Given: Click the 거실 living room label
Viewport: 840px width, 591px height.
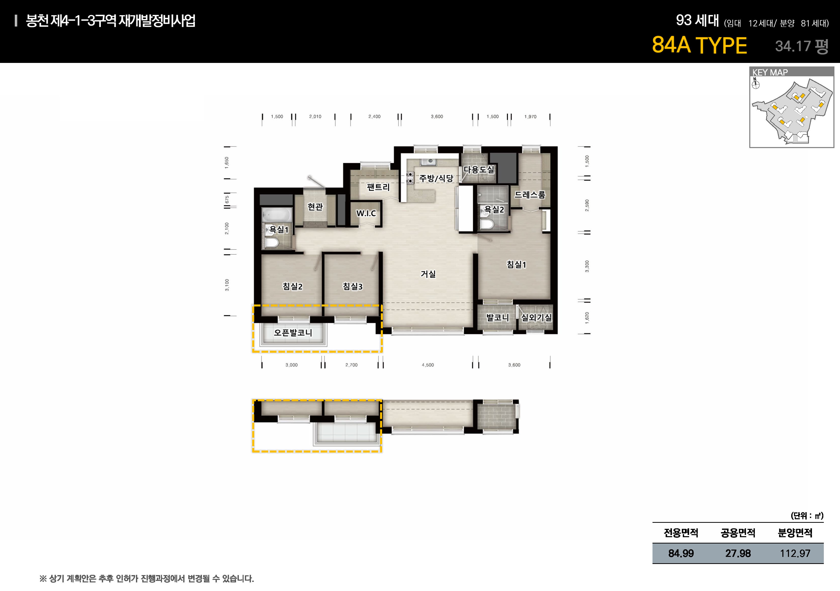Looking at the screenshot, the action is [x=428, y=274].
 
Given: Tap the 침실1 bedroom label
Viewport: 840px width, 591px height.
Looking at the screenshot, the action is [x=516, y=264].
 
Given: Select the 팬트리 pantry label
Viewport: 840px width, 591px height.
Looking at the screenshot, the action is [x=378, y=187].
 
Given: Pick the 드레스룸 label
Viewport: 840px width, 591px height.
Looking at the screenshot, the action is [x=530, y=195].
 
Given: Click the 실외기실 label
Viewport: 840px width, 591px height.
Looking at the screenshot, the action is [x=536, y=317].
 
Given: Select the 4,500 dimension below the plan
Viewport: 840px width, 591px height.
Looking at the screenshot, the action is [x=428, y=365].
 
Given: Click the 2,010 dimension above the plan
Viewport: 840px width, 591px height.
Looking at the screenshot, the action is [x=315, y=117].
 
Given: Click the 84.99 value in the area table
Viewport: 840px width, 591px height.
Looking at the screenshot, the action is [x=681, y=553].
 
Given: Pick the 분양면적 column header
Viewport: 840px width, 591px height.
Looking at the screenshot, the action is [x=795, y=533].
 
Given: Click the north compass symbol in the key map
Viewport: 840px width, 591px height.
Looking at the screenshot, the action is [x=756, y=84].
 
